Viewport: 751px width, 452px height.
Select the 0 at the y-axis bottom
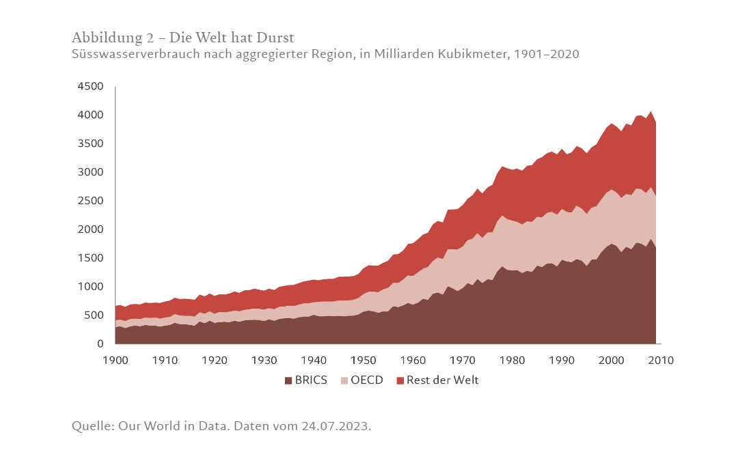[100, 344]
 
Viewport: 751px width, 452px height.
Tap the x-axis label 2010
[660, 360]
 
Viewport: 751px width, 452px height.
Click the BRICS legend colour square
[288, 381]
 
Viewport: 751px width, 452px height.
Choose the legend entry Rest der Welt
[443, 380]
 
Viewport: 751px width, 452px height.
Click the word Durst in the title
[273, 37]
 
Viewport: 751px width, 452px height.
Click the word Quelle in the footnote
[92, 426]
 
